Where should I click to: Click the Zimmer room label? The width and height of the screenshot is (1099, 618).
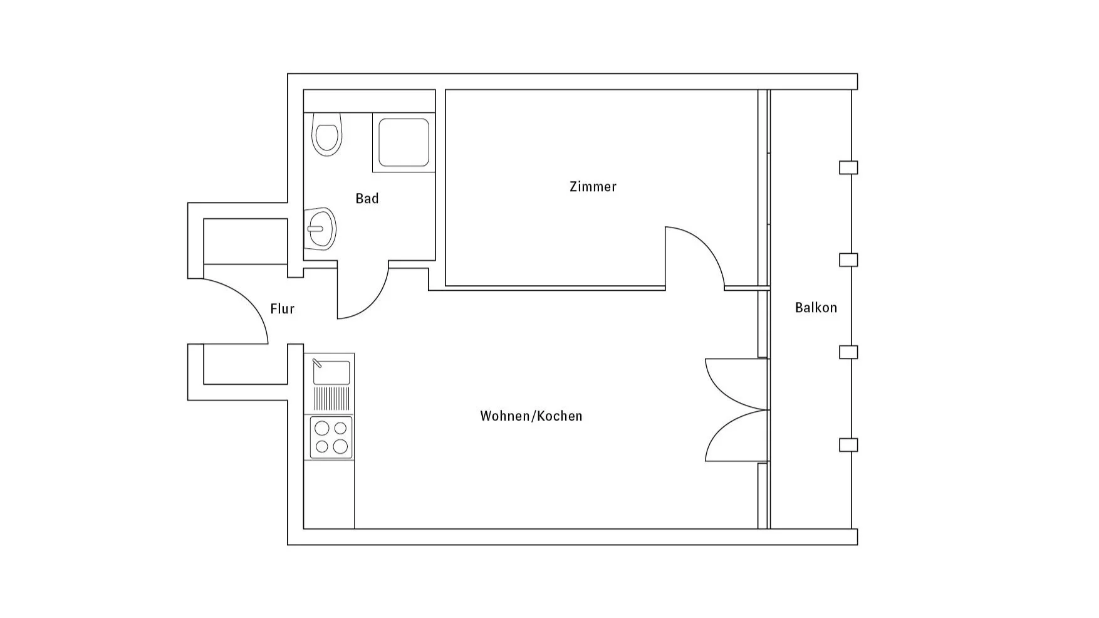593,187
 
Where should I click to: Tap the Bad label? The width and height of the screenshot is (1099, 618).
367,199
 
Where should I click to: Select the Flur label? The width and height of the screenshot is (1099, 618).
282,309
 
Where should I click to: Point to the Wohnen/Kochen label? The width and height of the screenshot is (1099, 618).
531,416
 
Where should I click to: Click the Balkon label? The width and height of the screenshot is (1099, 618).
816,308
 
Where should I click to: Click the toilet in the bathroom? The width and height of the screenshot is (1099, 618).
326,134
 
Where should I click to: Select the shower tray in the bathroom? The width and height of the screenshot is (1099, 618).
404,142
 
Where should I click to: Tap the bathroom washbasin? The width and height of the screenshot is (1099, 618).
321,229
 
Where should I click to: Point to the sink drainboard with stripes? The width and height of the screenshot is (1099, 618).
331,398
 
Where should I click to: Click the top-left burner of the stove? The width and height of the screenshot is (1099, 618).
322,428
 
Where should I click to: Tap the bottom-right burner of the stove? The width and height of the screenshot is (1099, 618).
340,446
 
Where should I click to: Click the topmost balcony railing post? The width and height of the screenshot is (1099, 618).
848,167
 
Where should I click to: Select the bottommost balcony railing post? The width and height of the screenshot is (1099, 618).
848,445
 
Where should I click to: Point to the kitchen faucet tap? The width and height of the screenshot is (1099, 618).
317,363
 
